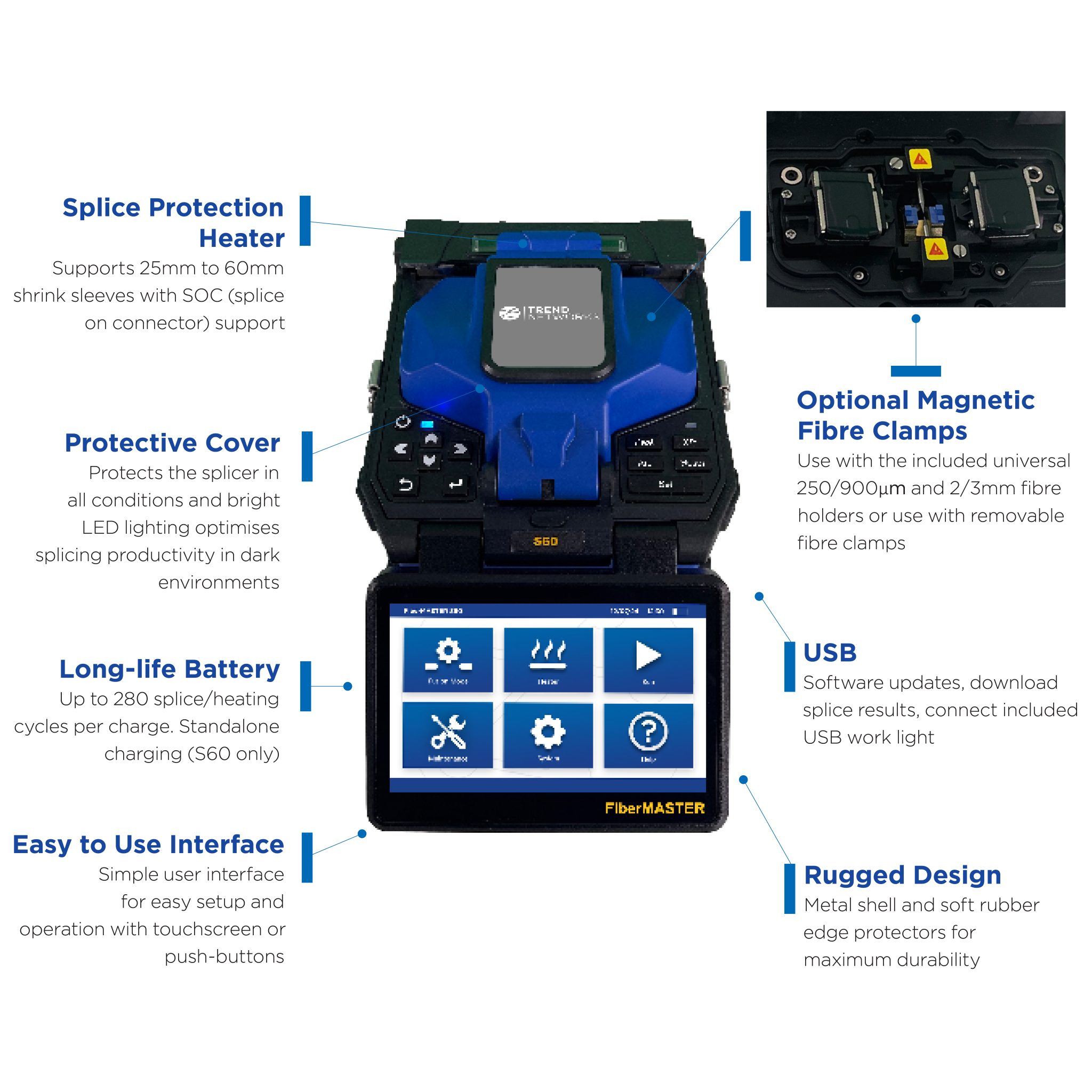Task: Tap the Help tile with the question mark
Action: coord(648,735)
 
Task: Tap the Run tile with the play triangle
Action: coord(648,660)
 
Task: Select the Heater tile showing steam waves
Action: coord(548,660)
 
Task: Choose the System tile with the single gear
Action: coord(548,735)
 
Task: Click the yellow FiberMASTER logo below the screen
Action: coord(655,808)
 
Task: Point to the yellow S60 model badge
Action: coord(545,542)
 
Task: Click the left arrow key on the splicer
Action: coord(402,449)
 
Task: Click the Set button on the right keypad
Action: coord(665,484)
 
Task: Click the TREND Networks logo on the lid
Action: coord(548,313)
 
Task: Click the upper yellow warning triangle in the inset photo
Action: coord(920,159)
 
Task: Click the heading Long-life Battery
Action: coord(170,669)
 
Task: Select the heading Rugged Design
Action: coord(902,875)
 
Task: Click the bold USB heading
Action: coord(829,653)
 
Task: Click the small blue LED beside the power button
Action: coord(427,424)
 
